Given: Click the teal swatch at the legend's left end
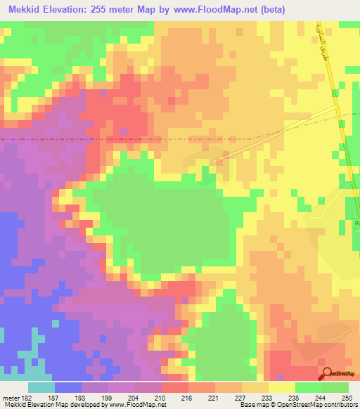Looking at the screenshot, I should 41,387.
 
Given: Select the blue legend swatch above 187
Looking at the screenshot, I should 67,387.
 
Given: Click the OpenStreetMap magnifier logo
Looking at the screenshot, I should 328,372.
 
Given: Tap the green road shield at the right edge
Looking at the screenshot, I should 356,224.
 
